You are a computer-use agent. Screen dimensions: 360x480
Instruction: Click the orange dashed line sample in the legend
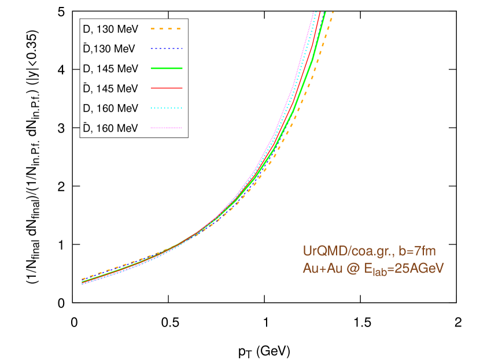166,29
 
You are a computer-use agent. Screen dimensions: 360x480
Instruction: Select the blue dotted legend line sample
167,49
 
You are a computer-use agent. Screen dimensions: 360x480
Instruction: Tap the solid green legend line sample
167,68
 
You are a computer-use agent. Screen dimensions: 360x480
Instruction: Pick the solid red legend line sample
167,88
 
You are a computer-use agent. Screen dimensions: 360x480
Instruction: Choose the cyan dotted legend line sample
167,108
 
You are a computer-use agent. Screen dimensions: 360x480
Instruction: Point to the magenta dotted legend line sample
167,128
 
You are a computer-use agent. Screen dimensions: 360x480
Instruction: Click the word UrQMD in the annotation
323,251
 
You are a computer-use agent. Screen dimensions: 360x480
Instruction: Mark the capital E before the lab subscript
366,268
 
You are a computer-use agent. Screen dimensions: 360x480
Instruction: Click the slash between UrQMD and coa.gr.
345,251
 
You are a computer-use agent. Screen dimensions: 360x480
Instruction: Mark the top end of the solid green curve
325,12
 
